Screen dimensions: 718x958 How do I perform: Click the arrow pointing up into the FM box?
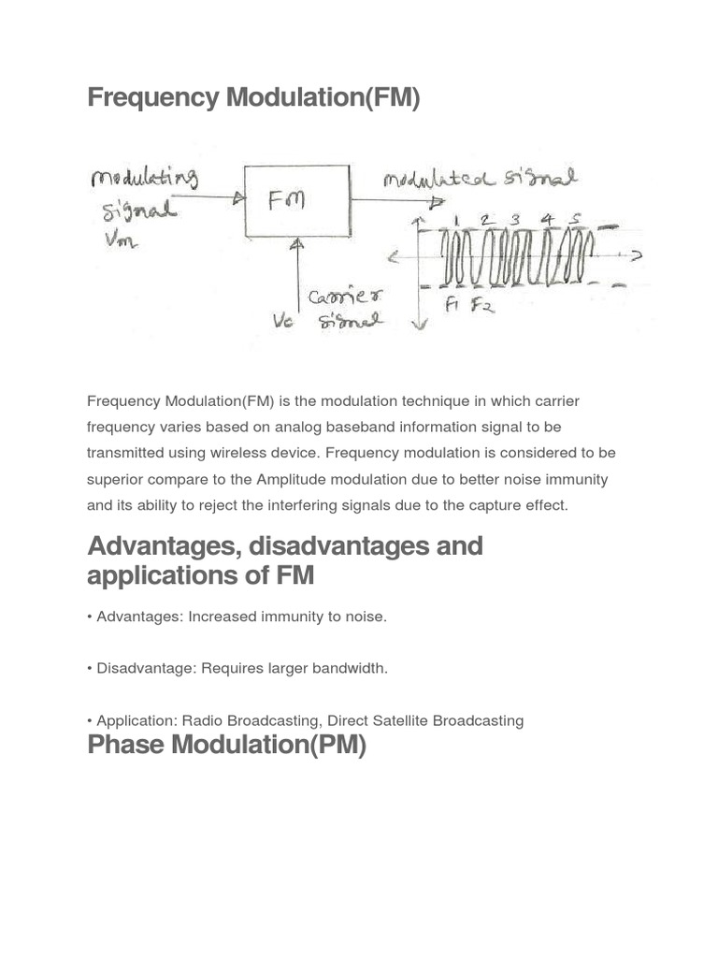click(x=297, y=247)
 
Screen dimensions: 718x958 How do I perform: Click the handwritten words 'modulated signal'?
click(x=480, y=178)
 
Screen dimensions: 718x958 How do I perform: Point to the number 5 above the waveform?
click(x=576, y=220)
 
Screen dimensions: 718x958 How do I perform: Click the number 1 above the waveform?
click(x=456, y=220)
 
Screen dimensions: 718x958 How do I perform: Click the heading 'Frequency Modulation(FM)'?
click(x=253, y=97)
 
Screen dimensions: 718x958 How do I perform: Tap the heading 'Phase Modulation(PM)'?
click(x=226, y=746)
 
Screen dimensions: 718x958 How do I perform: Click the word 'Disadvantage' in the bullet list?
click(x=144, y=668)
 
